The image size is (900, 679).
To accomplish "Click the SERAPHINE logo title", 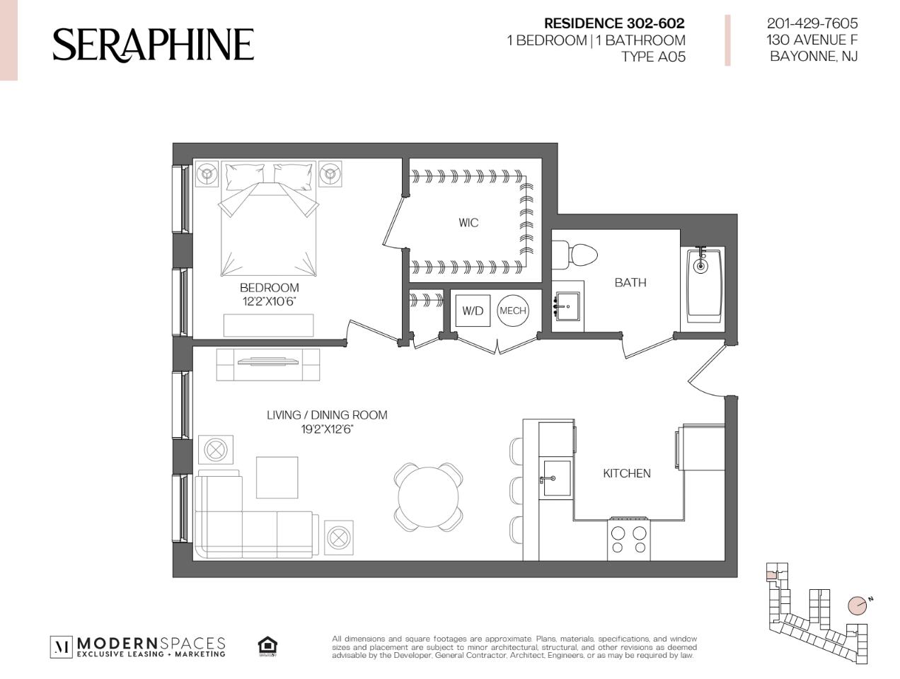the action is pos(153,45).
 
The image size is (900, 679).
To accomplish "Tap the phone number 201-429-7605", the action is pos(812,23).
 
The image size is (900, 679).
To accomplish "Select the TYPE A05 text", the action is pos(653,57).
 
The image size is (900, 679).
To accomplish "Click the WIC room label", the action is pos(468,223).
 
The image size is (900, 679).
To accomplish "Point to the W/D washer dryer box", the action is pos(473,311).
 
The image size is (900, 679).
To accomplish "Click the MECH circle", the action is pos(512,311).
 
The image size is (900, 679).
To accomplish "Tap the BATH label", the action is pos(630,282).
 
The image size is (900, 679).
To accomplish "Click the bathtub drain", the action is pos(700,267).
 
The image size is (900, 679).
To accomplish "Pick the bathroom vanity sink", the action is pos(568,306).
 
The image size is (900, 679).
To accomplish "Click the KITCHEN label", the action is pos(626,473).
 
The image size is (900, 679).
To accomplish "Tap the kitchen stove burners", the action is pos(628,539).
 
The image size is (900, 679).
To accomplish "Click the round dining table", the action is pos(428,497).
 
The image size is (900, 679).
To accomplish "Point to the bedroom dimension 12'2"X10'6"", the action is pos(269,301).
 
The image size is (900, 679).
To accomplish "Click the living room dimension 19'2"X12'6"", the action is pos(327,429).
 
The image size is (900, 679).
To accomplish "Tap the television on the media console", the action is pos(268,361).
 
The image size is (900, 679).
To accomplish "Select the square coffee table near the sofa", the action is pos(277,477).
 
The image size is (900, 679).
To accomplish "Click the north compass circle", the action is pos(857,616).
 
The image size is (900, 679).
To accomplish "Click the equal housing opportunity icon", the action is pos(267,646).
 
